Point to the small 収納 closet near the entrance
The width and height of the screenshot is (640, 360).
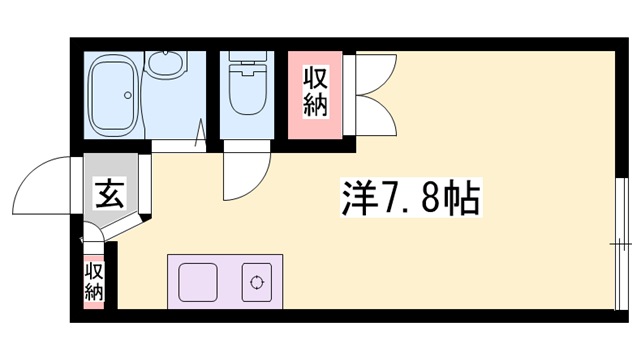click(x=95, y=281)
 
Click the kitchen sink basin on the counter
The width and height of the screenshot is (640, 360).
click(x=200, y=281)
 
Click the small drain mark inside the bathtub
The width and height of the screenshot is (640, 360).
click(x=126, y=97)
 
